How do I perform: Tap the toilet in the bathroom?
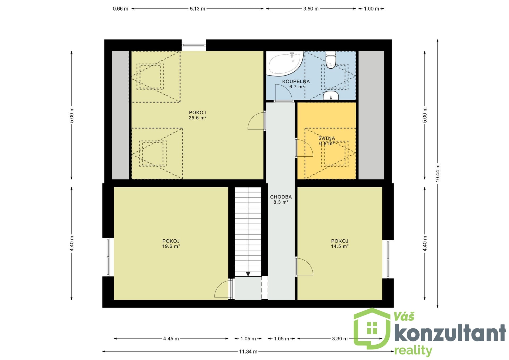coord(331,60)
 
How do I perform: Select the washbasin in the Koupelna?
coord(331,95)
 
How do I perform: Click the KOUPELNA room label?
coord(296,81)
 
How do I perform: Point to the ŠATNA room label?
coord(327,138)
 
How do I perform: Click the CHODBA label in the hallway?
coord(281,197)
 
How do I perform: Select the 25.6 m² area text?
coord(197,118)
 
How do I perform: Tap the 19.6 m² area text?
coord(171,246)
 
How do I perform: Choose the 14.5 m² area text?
coord(340,246)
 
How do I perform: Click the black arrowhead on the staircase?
coord(248,274)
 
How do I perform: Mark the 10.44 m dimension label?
coord(437,173)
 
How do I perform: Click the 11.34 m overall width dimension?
coord(248,352)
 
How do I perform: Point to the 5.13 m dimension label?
coord(197,9)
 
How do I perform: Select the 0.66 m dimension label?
coord(120,9)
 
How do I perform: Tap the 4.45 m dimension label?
coord(171,339)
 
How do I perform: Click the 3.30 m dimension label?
coord(340,339)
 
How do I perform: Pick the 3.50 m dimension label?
coord(311,9)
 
